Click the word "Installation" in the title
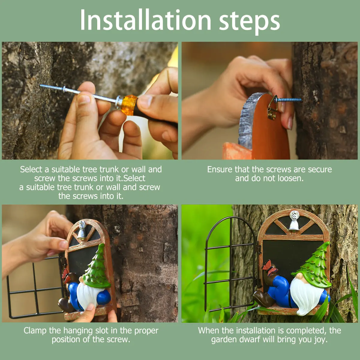click(x=146, y=20)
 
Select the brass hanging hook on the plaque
click(x=272, y=108)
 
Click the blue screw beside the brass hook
click(x=289, y=100)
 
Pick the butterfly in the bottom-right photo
click(x=269, y=268)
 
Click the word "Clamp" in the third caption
click(x=35, y=331)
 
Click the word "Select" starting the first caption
click(x=31, y=169)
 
